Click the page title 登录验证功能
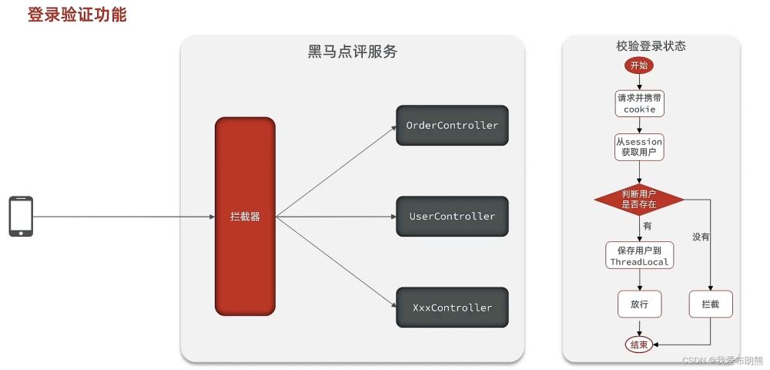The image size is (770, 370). (x=77, y=15)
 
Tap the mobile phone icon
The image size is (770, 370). (x=21, y=217)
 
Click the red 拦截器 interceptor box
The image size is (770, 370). (x=245, y=217)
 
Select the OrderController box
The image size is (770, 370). (x=452, y=126)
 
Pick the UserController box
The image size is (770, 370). (x=452, y=217)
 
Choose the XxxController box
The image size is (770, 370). (x=452, y=307)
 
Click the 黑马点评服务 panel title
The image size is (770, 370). (x=353, y=52)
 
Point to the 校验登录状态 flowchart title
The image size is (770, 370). (x=651, y=46)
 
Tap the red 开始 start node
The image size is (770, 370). (x=639, y=66)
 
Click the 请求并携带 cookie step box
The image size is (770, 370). (x=639, y=103)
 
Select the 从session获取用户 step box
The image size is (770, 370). (x=639, y=147)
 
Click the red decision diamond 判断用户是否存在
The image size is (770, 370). (x=639, y=200)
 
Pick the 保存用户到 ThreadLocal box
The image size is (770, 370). (x=639, y=256)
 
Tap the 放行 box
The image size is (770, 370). (x=639, y=304)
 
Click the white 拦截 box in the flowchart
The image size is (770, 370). (x=710, y=304)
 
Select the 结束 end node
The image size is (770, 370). (x=639, y=345)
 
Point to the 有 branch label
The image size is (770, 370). (x=647, y=226)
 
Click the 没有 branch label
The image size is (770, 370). (x=700, y=237)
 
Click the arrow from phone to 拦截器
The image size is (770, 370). (x=123, y=217)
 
